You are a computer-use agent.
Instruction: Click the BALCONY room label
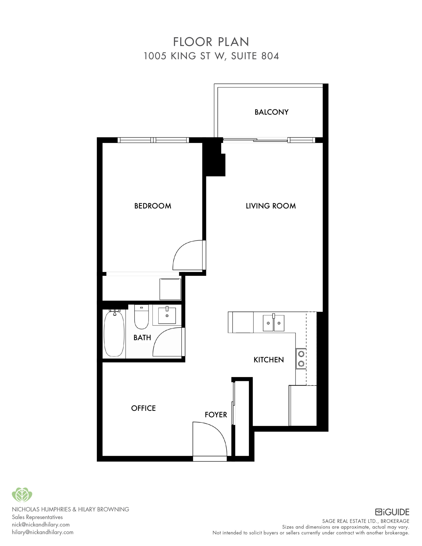click(x=271, y=112)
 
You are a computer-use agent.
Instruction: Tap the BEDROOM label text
click(x=153, y=206)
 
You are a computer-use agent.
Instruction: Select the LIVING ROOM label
click(x=271, y=206)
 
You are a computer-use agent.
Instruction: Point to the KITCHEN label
click(x=268, y=360)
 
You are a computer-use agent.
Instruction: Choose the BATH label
click(x=142, y=337)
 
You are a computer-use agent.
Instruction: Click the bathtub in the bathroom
click(x=114, y=333)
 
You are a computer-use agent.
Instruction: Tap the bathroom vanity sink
click(x=167, y=315)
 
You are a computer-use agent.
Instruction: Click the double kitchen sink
click(x=274, y=323)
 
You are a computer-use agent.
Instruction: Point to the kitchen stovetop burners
click(x=301, y=359)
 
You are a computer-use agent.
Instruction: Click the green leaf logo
click(x=22, y=495)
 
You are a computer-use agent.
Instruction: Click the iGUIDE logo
click(x=392, y=512)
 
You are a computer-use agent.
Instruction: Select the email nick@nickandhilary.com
click(x=41, y=524)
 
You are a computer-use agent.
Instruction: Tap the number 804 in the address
click(x=270, y=56)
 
